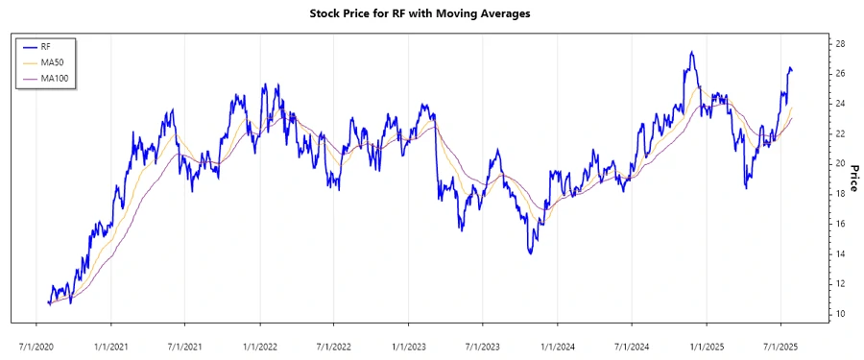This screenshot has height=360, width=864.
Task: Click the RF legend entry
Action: click(x=46, y=46)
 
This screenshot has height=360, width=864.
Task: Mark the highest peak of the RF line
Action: click(x=691, y=52)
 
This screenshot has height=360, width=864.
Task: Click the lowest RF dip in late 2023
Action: click(x=530, y=253)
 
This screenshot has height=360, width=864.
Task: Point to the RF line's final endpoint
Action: click(x=792, y=70)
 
